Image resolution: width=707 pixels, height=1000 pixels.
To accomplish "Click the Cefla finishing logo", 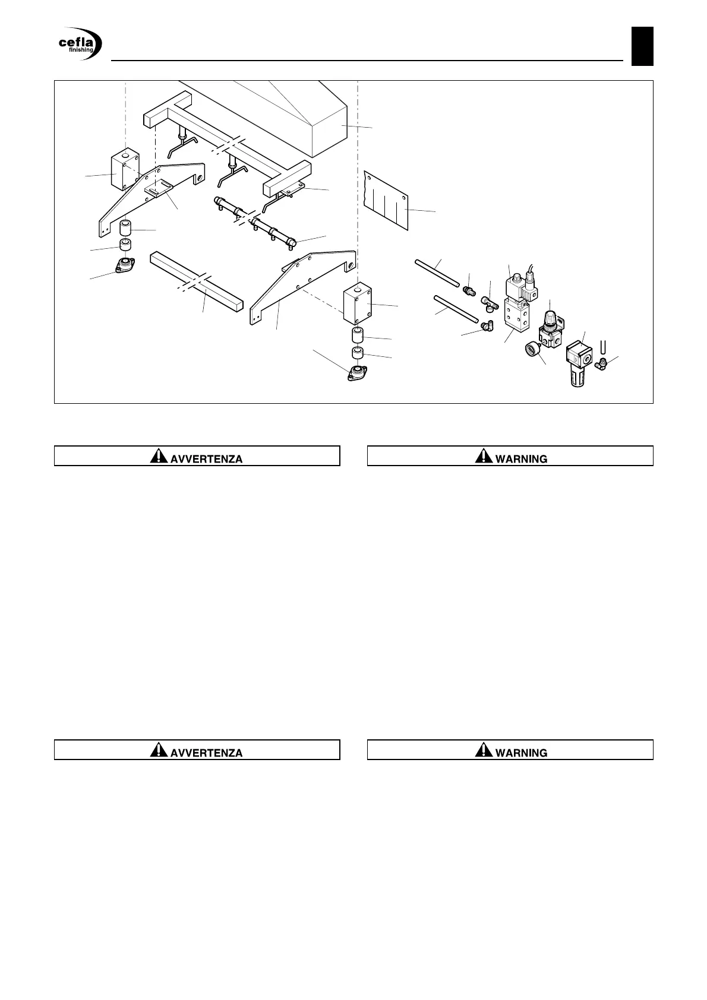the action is pyautogui.click(x=80, y=45).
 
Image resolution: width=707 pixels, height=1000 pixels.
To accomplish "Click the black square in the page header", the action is pyautogui.click(x=642, y=46).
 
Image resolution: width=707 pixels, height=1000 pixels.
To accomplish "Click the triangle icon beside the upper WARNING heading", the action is pyautogui.click(x=484, y=456).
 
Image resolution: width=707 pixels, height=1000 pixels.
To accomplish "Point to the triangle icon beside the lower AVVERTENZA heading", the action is pyautogui.click(x=159, y=750).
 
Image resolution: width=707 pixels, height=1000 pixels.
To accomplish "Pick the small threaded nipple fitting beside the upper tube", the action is pyautogui.click(x=469, y=292).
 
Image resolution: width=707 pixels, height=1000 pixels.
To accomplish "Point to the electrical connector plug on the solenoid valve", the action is pyautogui.click(x=530, y=288).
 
